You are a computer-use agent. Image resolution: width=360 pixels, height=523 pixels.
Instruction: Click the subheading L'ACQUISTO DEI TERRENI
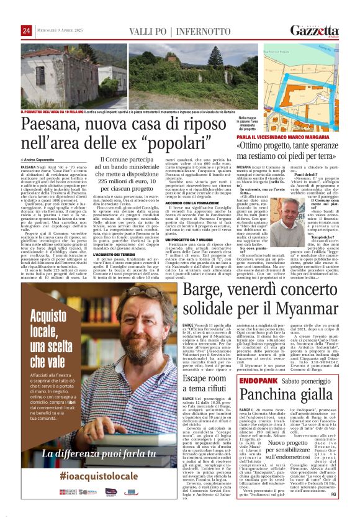click(x=114, y=255)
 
